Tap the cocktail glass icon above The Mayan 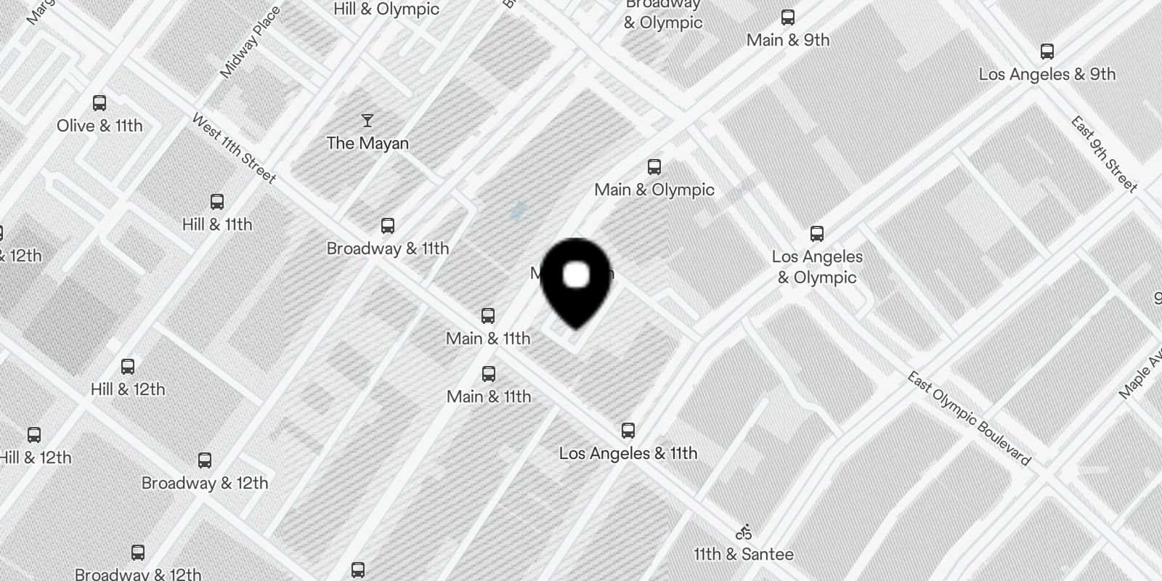tap(367, 121)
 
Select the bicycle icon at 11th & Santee tap(744, 532)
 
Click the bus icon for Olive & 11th tap(99, 103)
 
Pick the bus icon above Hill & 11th tap(216, 202)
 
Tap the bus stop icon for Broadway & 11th tap(388, 226)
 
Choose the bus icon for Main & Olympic tap(654, 167)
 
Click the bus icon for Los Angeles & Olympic tap(817, 234)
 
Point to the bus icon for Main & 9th tap(788, 17)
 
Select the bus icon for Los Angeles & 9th tap(1047, 52)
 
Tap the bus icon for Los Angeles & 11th tap(628, 431)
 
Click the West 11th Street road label tap(234, 148)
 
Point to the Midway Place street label tap(250, 42)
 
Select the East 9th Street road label tap(1104, 154)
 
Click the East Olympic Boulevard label tap(969, 418)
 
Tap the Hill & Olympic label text tap(386, 9)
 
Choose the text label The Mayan tap(367, 143)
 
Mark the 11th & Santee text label tap(744, 554)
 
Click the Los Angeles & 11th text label tap(628, 453)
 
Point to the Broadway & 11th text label tap(388, 248)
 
